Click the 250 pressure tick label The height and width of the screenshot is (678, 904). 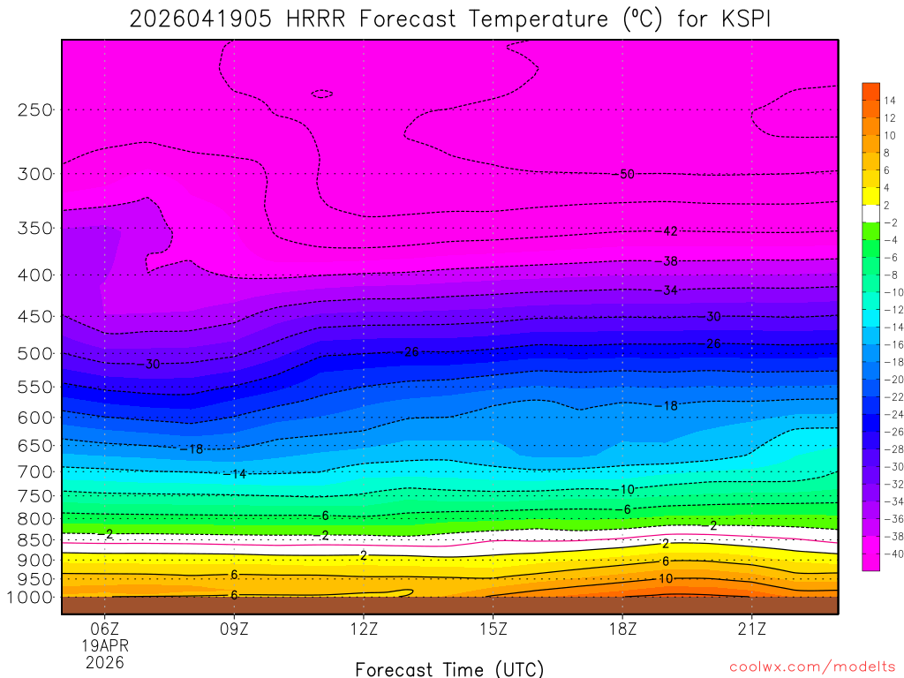[x=35, y=110]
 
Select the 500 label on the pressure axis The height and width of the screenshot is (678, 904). [x=35, y=354]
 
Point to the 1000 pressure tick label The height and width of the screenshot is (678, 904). [x=31, y=598]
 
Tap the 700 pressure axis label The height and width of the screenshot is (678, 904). [x=35, y=471]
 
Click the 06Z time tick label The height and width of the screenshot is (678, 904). [x=105, y=629]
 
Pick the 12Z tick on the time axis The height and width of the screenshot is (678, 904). [x=364, y=629]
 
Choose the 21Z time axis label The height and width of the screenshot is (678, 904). [x=751, y=629]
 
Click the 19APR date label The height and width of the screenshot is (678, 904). [x=105, y=645]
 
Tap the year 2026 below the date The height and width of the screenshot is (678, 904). [x=105, y=661]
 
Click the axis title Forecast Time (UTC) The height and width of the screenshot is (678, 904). [x=449, y=668]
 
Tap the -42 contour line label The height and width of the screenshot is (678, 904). [x=668, y=231]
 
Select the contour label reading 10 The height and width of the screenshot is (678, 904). [x=666, y=578]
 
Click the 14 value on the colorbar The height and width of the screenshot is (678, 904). [x=889, y=101]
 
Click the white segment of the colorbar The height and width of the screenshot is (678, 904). [x=870, y=213]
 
